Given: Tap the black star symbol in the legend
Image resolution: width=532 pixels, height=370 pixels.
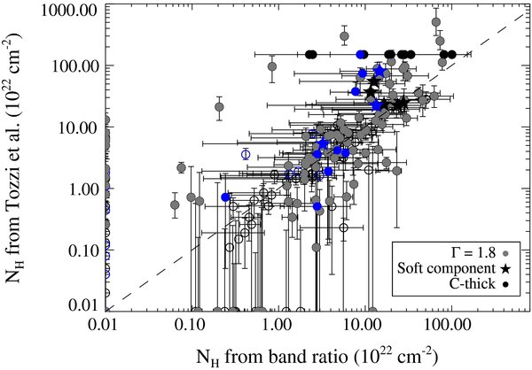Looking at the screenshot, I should (x=505, y=268).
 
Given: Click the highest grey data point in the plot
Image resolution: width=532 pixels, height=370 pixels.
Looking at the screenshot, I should (x=435, y=23).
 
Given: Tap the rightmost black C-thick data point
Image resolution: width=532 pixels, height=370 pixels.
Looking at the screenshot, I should (x=452, y=54).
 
